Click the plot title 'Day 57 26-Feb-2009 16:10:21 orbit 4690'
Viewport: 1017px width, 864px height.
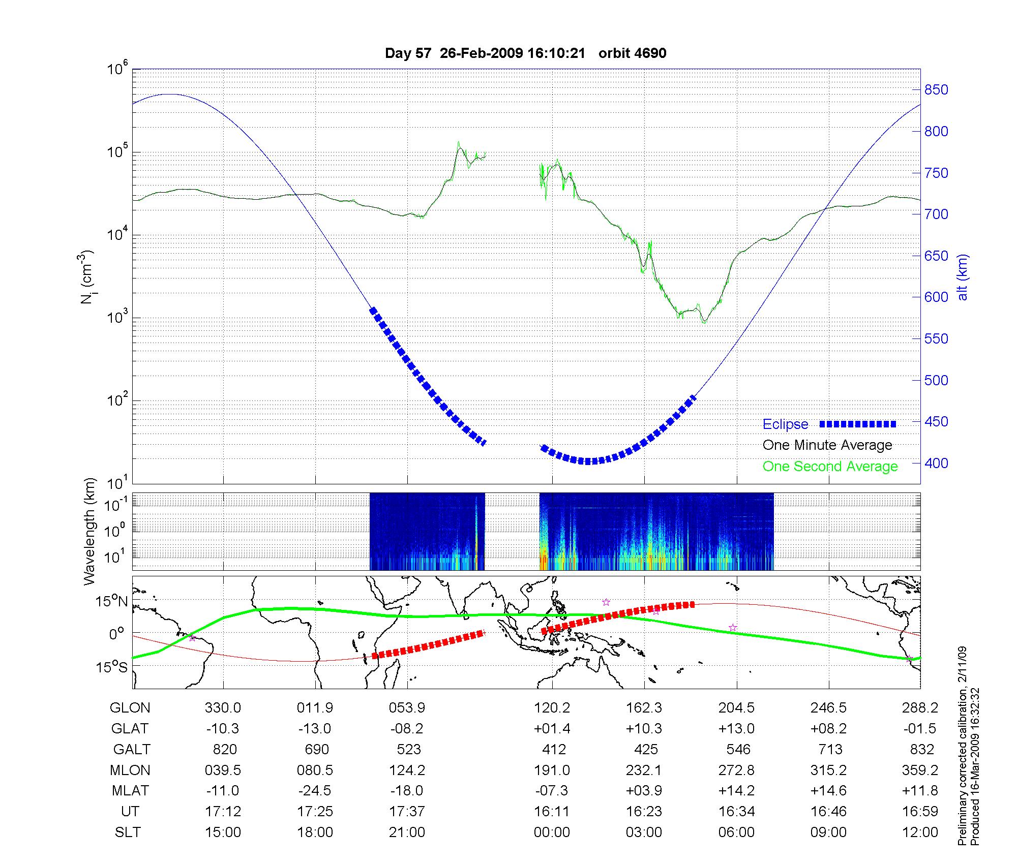tap(525, 53)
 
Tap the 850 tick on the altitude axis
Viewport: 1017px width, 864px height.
tap(936, 90)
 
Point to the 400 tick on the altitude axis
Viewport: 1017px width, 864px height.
tap(936, 463)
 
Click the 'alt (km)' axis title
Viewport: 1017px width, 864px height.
tap(963, 277)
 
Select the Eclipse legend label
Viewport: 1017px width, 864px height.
tap(785, 424)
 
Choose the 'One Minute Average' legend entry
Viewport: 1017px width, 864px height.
tap(827, 445)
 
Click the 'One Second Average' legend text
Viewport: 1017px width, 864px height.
tap(830, 467)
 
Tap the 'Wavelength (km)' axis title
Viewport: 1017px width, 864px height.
tap(90, 531)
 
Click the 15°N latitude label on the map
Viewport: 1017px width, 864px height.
tap(111, 602)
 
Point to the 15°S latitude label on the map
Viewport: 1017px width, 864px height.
tap(111, 666)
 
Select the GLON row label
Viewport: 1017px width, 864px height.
tap(130, 707)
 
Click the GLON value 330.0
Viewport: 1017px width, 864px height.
tap(223, 707)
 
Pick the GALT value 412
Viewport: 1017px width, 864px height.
tap(554, 749)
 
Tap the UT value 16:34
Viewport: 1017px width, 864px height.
tap(736, 811)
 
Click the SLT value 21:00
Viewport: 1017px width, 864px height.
tap(407, 832)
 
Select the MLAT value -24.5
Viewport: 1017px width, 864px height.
tap(315, 790)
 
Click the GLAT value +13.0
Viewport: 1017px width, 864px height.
tap(736, 728)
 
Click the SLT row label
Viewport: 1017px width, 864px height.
tap(128, 832)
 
